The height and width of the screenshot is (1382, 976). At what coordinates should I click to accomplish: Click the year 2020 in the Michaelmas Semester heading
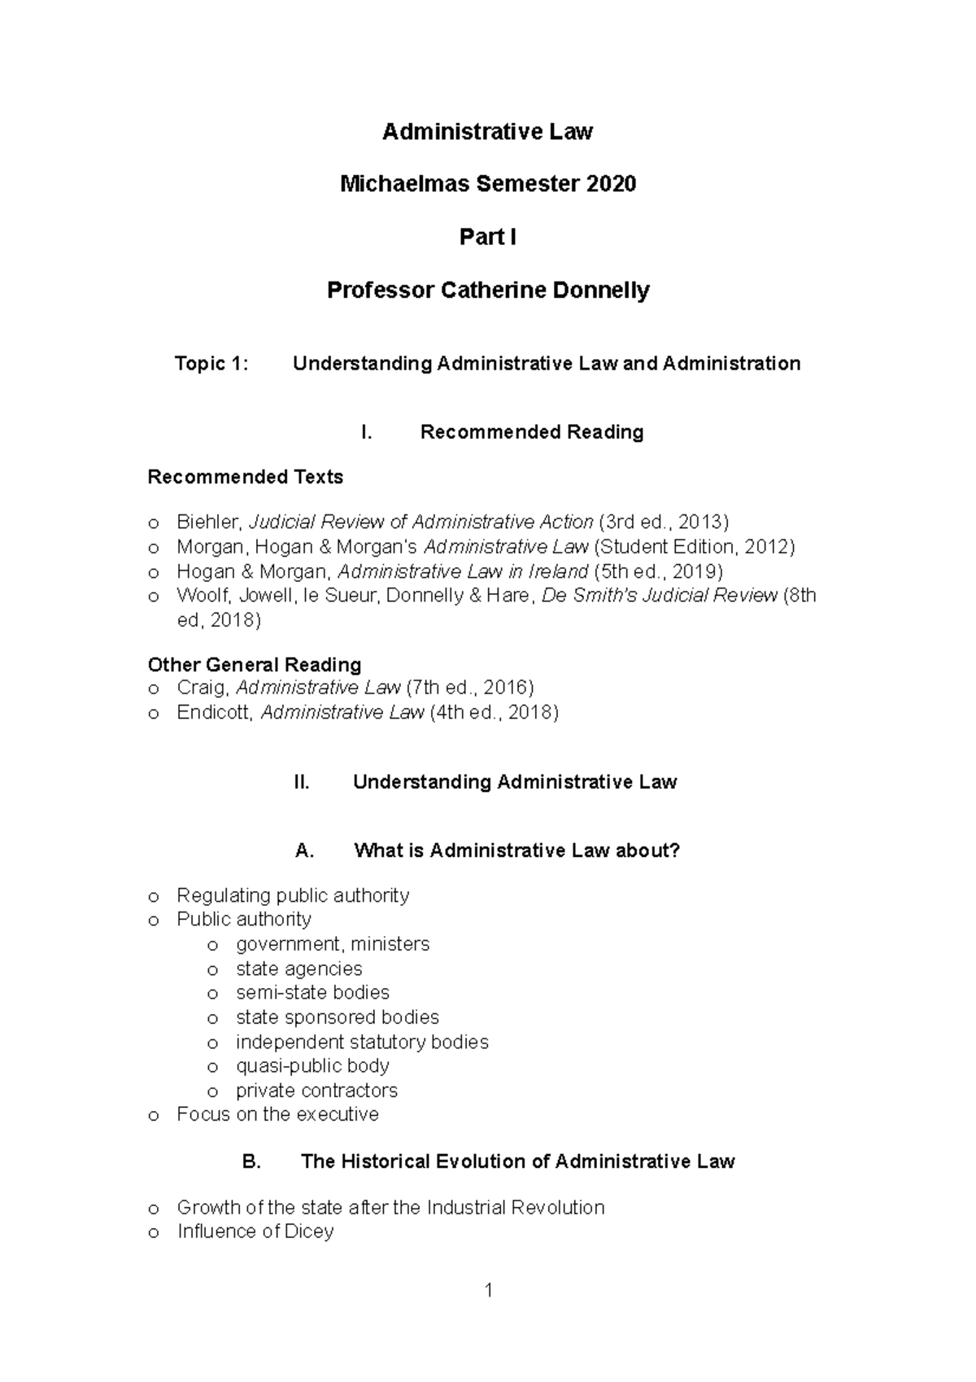610,185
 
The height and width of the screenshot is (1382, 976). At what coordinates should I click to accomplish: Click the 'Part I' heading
487,238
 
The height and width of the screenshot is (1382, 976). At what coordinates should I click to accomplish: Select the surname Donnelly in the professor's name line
603,291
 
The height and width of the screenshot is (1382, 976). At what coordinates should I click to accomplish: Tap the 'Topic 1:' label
211,364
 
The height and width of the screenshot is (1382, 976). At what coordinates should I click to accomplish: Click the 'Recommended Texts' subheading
245,478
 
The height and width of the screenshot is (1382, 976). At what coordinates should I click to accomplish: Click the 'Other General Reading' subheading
254,665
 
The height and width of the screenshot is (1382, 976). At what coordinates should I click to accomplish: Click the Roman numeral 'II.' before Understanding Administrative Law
301,783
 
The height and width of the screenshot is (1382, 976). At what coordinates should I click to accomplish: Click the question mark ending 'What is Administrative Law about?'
674,851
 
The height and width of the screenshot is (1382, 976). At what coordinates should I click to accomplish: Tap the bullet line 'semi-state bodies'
312,993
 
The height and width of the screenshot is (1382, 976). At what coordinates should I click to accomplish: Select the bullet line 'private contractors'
316,1091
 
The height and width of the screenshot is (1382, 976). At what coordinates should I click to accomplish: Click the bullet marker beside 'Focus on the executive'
153,1116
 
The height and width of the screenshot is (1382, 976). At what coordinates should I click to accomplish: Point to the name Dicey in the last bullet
309,1232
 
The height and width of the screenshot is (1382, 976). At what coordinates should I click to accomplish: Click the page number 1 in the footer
488,1291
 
